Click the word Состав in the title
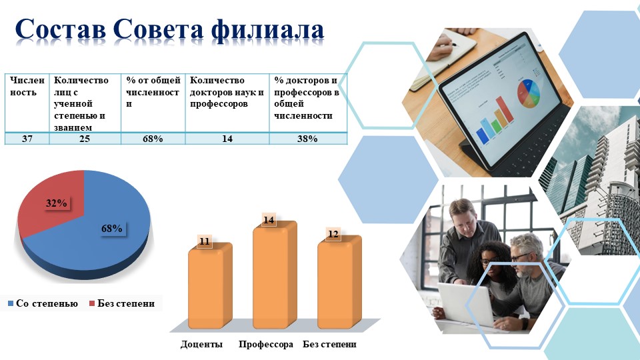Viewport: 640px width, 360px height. click(x=60, y=29)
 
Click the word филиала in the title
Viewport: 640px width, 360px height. click(x=268, y=30)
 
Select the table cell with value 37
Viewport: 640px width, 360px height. click(x=27, y=139)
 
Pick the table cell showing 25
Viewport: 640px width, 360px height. click(x=85, y=139)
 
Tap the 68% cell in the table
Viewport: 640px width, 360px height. click(x=153, y=139)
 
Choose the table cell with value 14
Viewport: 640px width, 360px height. click(x=227, y=139)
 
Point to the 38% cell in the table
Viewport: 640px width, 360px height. click(x=308, y=139)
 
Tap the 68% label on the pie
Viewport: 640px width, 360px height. click(x=112, y=229)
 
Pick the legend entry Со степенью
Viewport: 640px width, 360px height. click(x=43, y=304)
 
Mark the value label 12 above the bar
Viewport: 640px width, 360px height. click(x=333, y=234)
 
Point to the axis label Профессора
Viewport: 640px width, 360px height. click(x=266, y=344)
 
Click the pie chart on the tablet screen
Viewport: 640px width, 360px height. click(x=529, y=93)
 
